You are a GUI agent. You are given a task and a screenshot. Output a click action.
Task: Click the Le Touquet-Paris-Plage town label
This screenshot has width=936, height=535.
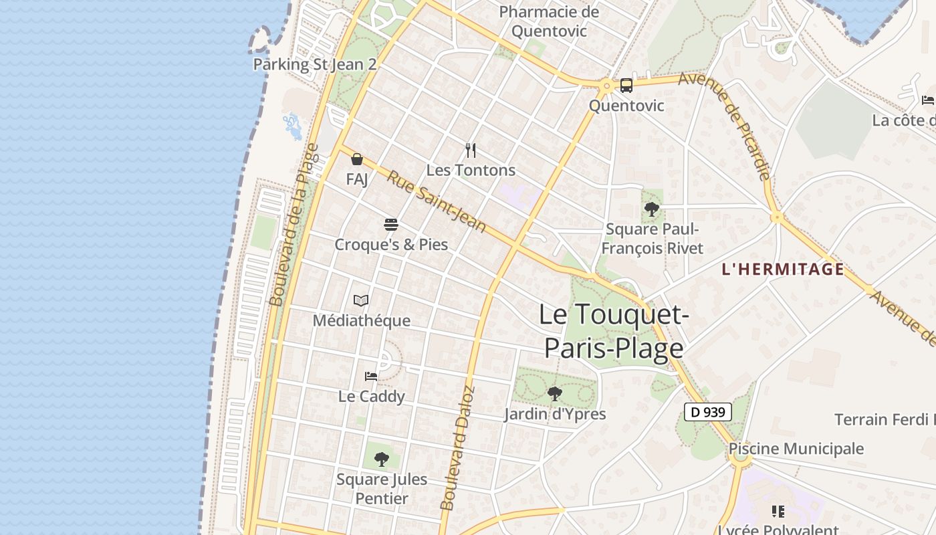612,331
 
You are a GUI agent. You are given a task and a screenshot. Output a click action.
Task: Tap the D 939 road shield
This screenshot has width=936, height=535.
708,412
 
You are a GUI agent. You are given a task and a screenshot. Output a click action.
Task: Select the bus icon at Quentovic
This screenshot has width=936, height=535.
626,86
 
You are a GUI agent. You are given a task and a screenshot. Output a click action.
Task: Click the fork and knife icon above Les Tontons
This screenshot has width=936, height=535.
471,150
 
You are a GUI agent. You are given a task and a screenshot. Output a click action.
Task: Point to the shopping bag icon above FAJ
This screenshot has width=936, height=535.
357,159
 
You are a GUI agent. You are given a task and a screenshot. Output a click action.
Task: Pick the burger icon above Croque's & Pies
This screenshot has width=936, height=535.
391,224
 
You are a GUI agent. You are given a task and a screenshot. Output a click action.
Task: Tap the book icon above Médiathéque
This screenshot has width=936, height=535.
361,301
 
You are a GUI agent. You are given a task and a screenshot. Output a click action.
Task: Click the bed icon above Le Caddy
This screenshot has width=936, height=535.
371,377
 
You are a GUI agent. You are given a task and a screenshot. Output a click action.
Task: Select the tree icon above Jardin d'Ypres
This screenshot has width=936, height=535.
554,393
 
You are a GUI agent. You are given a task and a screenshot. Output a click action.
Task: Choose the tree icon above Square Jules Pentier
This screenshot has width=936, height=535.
381,459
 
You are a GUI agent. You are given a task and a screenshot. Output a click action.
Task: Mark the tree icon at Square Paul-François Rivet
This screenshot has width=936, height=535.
652,209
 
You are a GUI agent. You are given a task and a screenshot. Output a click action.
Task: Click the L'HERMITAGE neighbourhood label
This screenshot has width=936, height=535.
783,270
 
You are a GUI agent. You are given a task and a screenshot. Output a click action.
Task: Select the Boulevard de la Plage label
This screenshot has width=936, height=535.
295,225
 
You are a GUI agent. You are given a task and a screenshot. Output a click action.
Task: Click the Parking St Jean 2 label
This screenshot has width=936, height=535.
315,65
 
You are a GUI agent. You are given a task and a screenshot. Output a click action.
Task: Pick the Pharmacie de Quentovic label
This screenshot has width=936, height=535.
549,21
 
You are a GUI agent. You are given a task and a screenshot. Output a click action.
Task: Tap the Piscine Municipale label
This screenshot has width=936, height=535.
796,449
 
